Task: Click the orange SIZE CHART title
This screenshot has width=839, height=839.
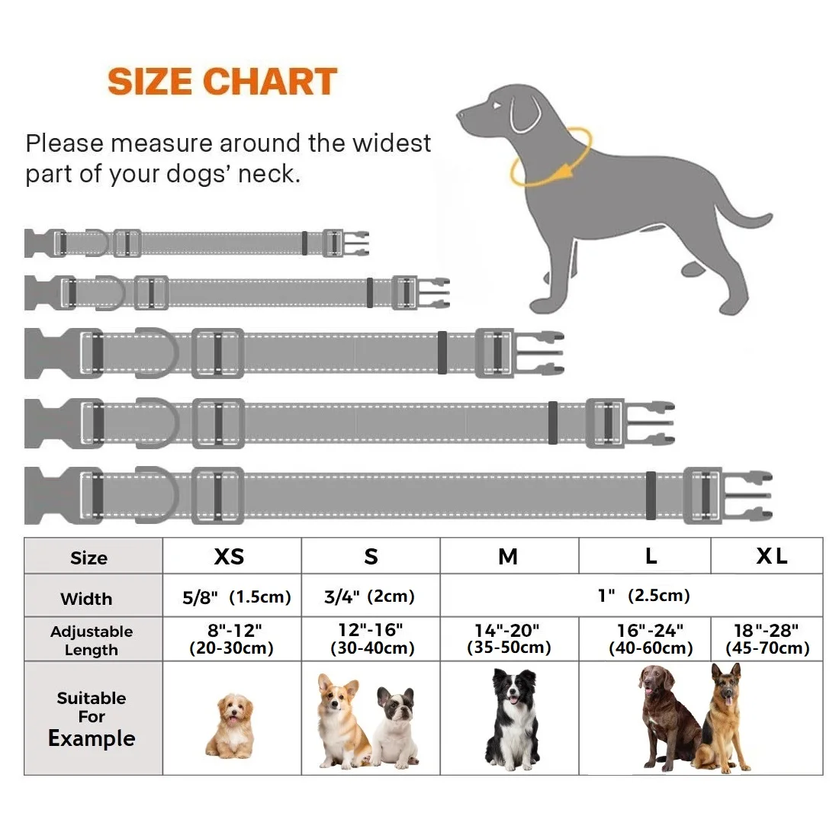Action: [x=222, y=82]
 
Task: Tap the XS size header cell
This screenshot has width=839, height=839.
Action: [x=232, y=556]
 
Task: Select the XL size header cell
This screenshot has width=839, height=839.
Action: [x=767, y=556]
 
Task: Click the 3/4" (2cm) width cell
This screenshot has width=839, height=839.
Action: [x=370, y=596]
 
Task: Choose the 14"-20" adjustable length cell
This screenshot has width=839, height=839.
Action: [x=509, y=639]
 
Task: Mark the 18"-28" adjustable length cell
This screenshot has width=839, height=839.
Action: [x=767, y=639]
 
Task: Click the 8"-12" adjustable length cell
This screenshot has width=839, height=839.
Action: [x=232, y=639]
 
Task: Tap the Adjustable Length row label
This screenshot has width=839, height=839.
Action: [x=92, y=639]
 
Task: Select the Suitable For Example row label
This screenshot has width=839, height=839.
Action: [x=92, y=718]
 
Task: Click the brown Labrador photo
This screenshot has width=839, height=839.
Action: [x=668, y=717]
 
